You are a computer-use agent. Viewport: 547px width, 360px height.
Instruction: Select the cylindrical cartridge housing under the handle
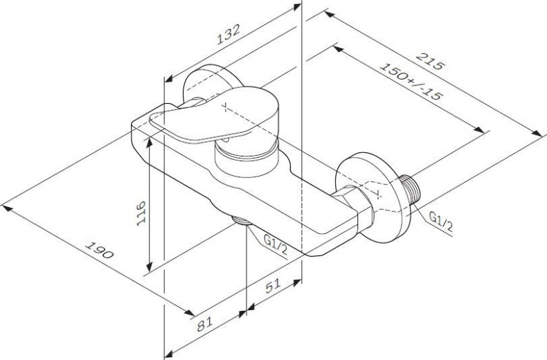246,159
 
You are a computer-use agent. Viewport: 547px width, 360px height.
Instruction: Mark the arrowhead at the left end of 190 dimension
6,204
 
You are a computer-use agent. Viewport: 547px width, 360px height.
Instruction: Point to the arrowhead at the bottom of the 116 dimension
149,268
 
